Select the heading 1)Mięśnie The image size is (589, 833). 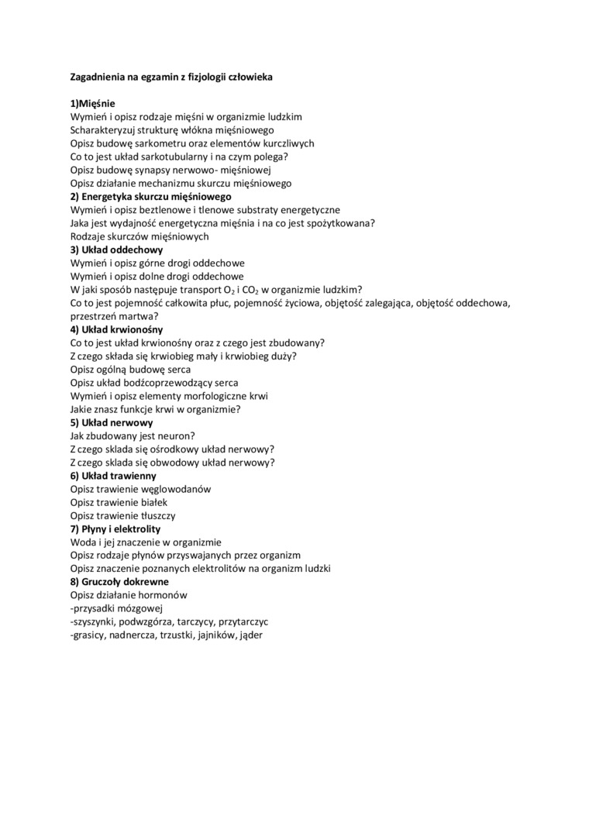93,103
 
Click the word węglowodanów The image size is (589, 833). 174,490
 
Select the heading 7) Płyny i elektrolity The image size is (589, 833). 115,529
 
